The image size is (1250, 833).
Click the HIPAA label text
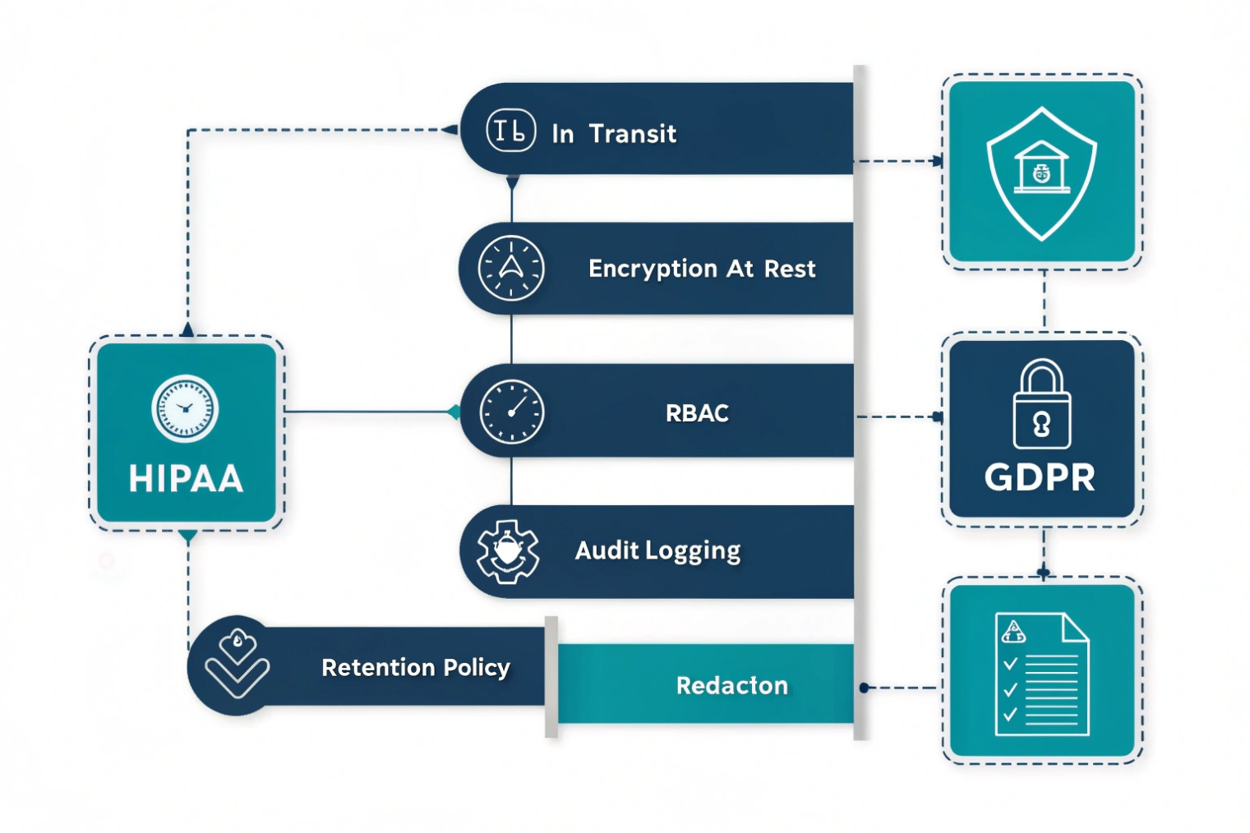click(186, 479)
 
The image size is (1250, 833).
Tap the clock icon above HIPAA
click(185, 408)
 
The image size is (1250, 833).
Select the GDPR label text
click(1040, 477)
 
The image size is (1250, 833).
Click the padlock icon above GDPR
click(1041, 404)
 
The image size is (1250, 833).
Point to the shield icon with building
click(1041, 173)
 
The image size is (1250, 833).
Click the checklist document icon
click(1041, 674)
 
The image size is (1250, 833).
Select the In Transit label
click(613, 133)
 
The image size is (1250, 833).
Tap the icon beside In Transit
click(510, 130)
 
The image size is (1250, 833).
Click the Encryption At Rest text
click(702, 269)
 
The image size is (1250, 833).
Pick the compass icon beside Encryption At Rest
click(510, 268)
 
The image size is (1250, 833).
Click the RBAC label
click(697, 412)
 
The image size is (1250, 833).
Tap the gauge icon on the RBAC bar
click(511, 412)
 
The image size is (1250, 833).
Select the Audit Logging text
click(657, 550)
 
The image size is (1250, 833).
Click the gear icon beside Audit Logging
click(508, 551)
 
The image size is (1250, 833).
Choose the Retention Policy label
click(415, 667)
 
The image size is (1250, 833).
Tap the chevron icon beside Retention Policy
click(237, 665)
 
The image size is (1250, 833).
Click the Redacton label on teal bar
click(731, 685)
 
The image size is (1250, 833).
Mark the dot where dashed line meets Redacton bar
click(864, 688)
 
